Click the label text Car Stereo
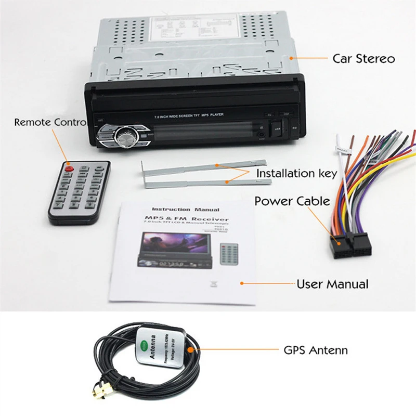[363, 58]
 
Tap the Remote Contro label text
[50, 122]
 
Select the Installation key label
[297, 173]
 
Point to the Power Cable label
[292, 201]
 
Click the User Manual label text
[332, 284]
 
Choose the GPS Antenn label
[316, 350]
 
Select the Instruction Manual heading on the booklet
[178, 210]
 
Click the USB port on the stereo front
[278, 128]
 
